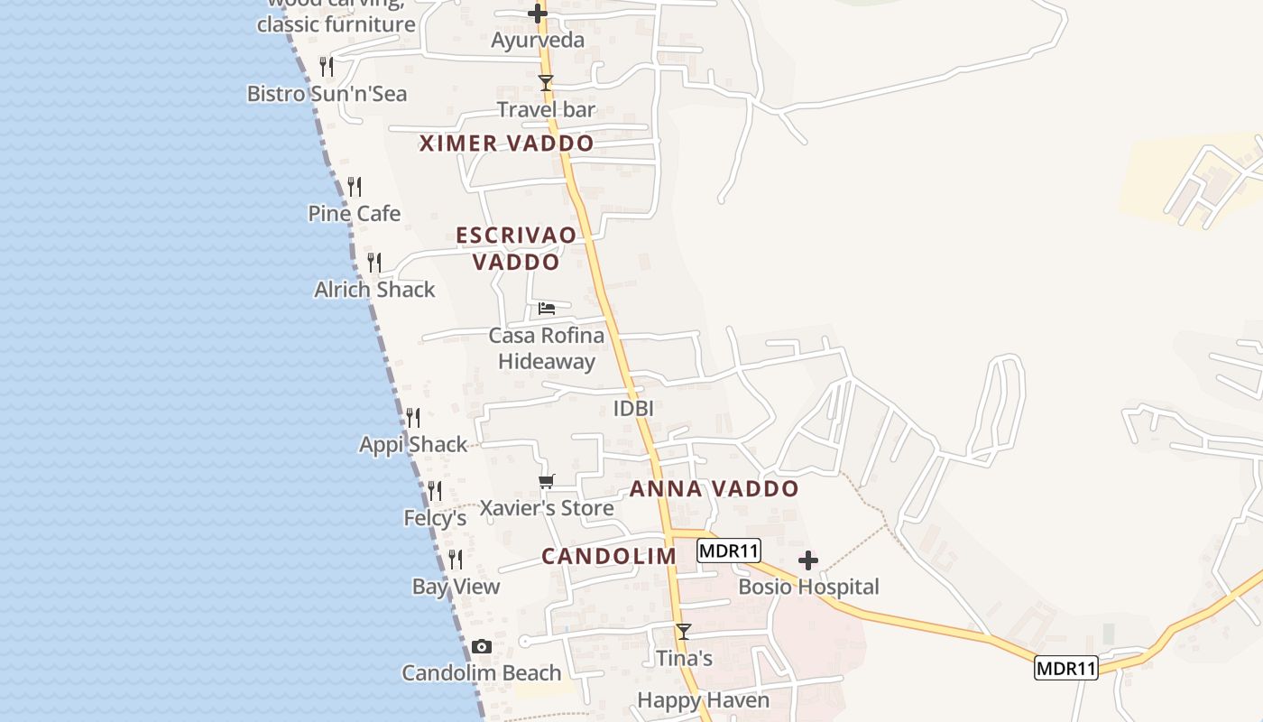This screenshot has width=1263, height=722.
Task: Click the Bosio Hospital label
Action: [808, 587]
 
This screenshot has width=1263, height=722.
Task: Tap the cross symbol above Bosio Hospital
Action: [808, 560]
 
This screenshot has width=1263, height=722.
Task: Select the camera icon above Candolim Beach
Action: [482, 646]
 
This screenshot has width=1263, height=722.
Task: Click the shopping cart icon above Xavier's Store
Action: [546, 482]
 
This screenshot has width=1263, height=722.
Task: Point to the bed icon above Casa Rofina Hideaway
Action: [546, 309]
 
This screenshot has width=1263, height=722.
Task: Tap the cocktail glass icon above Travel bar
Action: [545, 83]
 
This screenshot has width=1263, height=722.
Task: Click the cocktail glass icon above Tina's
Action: [684, 632]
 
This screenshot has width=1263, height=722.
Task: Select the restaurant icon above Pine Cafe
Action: [355, 187]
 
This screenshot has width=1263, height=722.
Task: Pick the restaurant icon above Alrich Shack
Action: [374, 263]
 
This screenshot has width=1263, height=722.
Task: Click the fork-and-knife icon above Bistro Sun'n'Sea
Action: [327, 67]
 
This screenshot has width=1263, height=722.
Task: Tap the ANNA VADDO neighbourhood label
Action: [714, 489]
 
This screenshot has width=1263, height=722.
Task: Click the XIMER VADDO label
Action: [507, 143]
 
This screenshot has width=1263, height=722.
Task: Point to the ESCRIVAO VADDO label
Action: [516, 248]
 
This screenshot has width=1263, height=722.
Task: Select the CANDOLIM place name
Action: [609, 556]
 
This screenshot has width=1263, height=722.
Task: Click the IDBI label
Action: [633, 408]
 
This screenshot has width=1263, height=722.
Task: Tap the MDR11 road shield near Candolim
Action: [729, 551]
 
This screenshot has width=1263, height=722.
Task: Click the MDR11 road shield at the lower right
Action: [1066, 669]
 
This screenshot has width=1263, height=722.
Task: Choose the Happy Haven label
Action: [704, 700]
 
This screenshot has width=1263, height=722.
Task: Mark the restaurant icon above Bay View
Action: [456, 560]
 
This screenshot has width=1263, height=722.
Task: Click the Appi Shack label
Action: [413, 445]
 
